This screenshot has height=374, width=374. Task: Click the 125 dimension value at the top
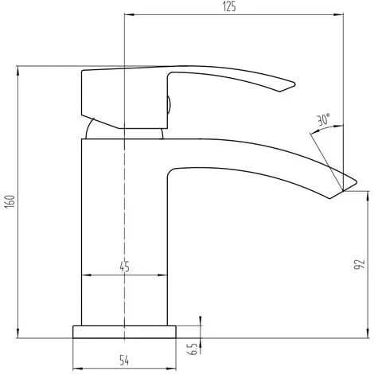tap(229, 6)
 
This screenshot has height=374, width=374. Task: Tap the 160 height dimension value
tap(10, 201)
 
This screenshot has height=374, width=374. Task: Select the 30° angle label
tap(324, 119)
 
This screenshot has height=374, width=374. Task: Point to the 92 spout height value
tap(360, 264)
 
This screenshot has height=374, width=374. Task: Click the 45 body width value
tap(124, 267)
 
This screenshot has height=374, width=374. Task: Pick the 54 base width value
tap(124, 360)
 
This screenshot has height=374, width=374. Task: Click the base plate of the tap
tap(124, 332)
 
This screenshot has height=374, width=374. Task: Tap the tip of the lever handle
tap(294, 84)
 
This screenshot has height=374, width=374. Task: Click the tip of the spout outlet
tap(356, 182)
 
